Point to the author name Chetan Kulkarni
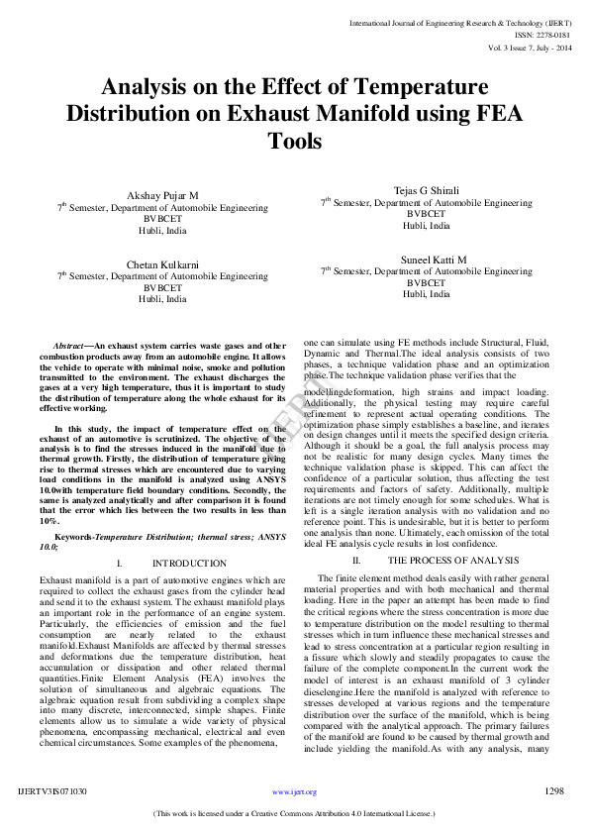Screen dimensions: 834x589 (x=162, y=264)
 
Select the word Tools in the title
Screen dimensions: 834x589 (x=295, y=142)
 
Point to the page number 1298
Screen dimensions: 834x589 (x=554, y=791)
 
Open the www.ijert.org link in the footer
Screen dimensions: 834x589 (x=294, y=792)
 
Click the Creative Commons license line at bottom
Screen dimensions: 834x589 (x=294, y=813)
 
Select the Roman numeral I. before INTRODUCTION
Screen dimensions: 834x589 (x=120, y=563)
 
